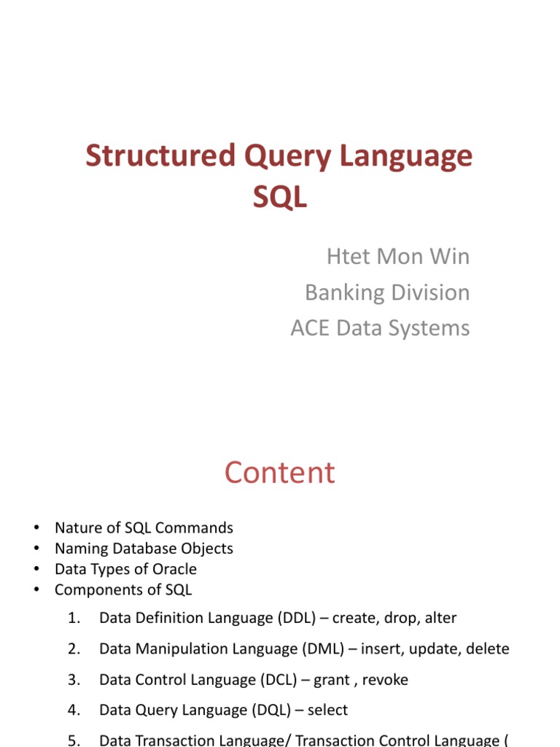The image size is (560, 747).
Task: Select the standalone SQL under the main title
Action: [x=279, y=196]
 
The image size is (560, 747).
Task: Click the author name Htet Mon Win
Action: [x=397, y=257]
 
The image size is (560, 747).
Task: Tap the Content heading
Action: [x=279, y=473]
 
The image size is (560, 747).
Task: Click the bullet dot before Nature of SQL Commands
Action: [x=35, y=528]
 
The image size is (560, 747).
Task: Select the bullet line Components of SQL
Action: [x=123, y=589]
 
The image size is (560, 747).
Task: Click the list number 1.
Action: [x=73, y=619]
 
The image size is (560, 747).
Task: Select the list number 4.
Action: [x=73, y=711]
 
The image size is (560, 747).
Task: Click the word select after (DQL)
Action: [x=326, y=710]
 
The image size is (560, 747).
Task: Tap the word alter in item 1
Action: [x=440, y=618]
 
